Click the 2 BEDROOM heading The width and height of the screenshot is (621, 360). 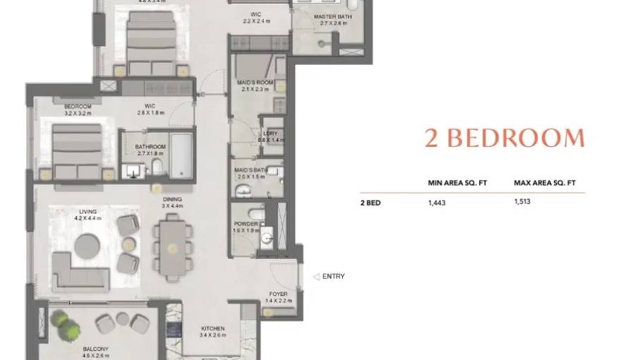(x=504, y=138)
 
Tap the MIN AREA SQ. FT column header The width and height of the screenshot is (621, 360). (x=457, y=183)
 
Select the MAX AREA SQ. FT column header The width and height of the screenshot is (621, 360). (x=544, y=183)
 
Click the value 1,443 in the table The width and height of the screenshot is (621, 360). (x=437, y=203)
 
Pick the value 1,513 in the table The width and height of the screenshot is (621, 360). (x=522, y=201)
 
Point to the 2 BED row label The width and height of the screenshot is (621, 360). (x=370, y=203)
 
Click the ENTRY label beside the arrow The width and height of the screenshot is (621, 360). (x=333, y=277)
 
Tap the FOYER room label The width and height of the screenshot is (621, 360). (x=278, y=294)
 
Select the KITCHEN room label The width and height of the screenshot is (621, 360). (x=212, y=328)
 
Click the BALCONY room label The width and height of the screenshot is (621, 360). (x=95, y=349)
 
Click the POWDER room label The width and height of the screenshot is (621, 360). (x=246, y=224)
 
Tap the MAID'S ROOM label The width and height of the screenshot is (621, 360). (x=255, y=83)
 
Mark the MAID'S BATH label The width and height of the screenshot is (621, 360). (x=251, y=169)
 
